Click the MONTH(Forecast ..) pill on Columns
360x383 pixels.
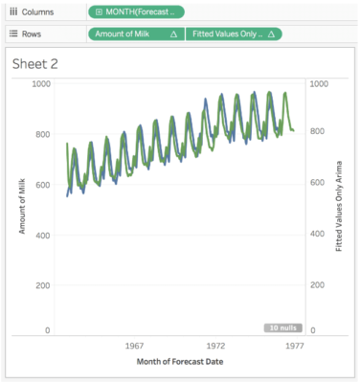135,11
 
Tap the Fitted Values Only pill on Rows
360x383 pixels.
234,34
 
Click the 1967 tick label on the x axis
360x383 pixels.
134,345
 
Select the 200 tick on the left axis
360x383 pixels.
42,285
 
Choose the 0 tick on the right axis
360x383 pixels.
312,330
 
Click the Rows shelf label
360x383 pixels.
34,34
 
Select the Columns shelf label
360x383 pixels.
38,11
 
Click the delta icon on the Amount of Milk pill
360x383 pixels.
172,34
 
